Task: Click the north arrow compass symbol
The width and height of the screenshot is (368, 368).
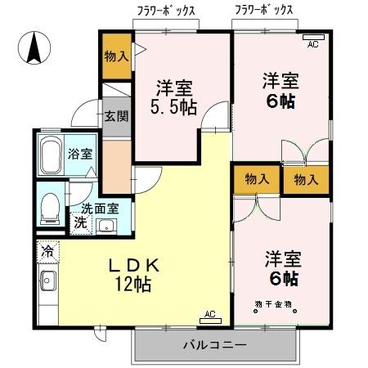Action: tap(35, 47)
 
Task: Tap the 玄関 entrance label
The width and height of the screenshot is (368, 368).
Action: tap(115, 115)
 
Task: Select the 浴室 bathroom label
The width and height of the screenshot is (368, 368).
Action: tap(79, 153)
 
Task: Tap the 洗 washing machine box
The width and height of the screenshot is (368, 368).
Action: tap(81, 222)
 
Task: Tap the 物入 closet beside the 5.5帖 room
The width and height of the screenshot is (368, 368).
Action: tap(116, 57)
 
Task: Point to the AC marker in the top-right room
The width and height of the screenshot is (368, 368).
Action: tap(312, 44)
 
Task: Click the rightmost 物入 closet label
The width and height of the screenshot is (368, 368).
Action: tap(307, 179)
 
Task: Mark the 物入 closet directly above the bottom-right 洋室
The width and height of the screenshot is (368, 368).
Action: tap(257, 179)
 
